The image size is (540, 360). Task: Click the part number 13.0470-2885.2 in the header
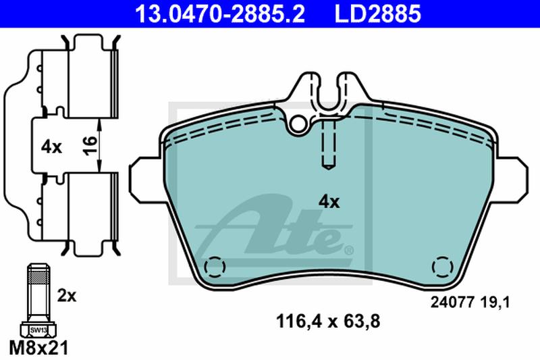tap(220, 14)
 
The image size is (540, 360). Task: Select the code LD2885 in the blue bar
tap(378, 14)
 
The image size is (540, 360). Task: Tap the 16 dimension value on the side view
tap(90, 145)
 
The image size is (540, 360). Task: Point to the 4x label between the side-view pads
tap(51, 147)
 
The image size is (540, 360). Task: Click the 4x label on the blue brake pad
tap(329, 202)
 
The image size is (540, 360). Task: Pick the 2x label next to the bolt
tap(67, 296)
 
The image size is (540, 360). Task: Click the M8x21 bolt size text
tap(39, 348)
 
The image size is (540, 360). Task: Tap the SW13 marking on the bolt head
tap(38, 330)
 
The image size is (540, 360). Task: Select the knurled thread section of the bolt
tap(38, 276)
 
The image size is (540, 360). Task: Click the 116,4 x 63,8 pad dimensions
tap(328, 322)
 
